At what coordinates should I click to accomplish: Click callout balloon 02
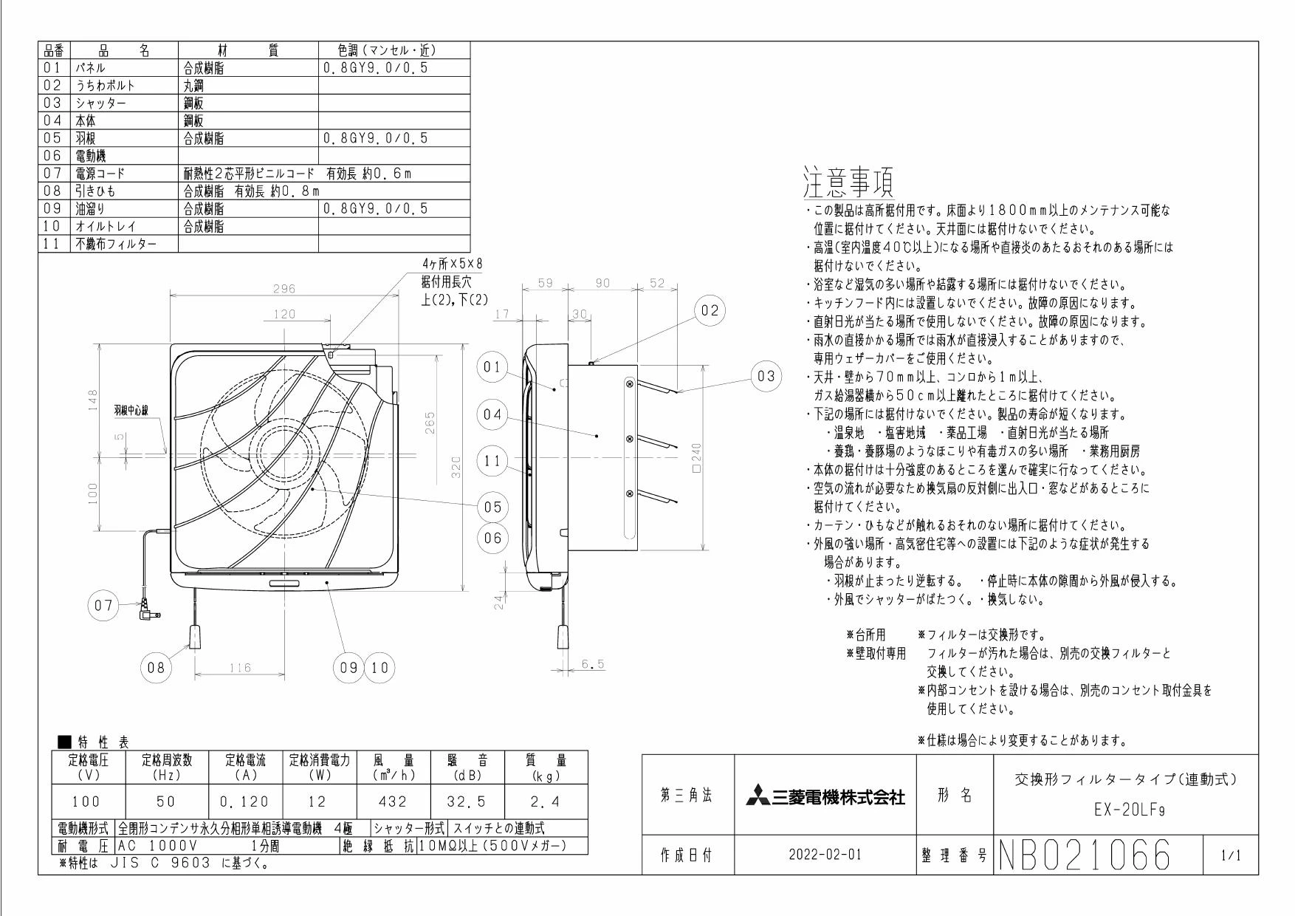coord(709,311)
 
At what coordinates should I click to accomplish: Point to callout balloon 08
coord(156,668)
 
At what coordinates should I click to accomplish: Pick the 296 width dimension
coord(284,289)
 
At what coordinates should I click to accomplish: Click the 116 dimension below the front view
coord(240,668)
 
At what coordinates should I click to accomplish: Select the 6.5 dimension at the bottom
coord(591,664)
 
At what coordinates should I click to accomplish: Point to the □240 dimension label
coord(696,460)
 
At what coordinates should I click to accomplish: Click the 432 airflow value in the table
coord(394,802)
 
